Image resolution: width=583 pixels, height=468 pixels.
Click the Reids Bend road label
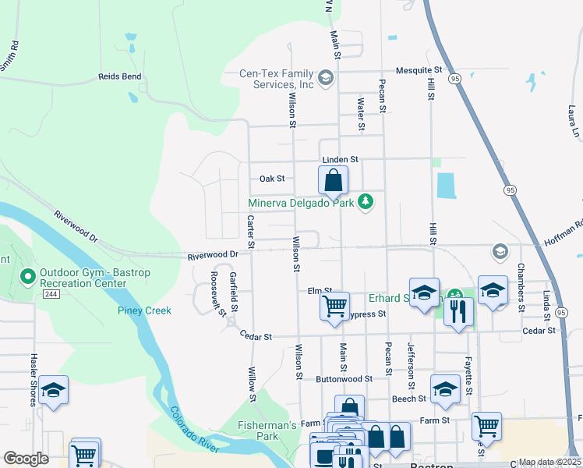click(x=120, y=76)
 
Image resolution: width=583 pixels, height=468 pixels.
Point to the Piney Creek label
click(x=144, y=310)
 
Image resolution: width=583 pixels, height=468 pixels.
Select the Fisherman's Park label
click(x=267, y=431)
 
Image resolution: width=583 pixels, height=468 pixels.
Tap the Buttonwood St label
click(x=344, y=378)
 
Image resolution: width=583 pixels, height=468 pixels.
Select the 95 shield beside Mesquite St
click(x=454, y=78)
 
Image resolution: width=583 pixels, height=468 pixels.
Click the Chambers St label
click(x=521, y=292)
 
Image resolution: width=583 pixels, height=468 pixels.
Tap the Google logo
click(x=26, y=459)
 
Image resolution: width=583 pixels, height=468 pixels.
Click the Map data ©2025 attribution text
click(x=549, y=462)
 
